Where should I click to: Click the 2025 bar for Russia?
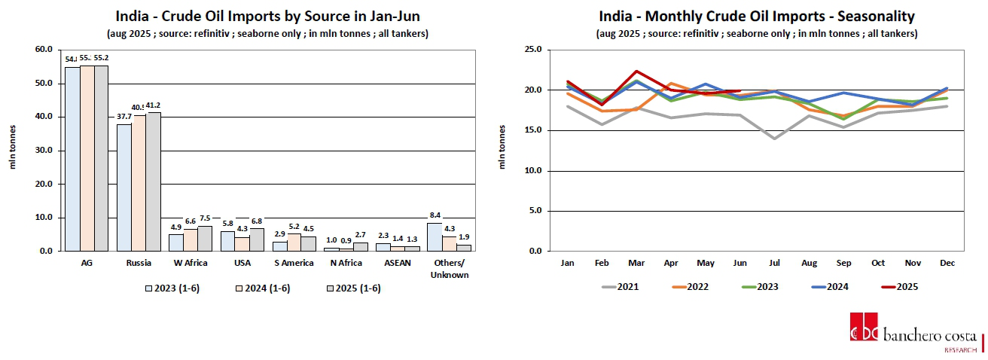[x=154, y=182]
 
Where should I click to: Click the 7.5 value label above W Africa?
[x=205, y=219]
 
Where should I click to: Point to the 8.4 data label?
[x=434, y=216]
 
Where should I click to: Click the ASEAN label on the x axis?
[x=398, y=263]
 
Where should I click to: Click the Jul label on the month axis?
[x=774, y=263]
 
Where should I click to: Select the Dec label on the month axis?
[x=945, y=263]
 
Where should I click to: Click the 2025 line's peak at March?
[x=637, y=72]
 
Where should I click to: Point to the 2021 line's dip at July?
[x=774, y=139]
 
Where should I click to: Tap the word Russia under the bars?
[x=139, y=263]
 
